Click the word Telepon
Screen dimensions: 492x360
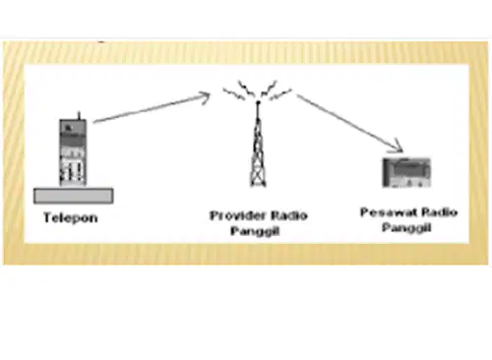coord(71,218)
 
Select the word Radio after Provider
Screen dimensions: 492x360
coord(289,215)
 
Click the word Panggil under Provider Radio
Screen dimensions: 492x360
coord(255,231)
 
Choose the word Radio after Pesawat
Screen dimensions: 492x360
coord(439,212)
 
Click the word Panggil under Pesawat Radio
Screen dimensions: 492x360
coord(406,227)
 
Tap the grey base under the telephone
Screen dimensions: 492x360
coord(74,196)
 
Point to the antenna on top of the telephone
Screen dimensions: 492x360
coord(79,115)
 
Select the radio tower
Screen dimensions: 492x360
coord(258,145)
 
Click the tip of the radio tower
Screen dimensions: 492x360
coord(258,102)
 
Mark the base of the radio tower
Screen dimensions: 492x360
coord(258,185)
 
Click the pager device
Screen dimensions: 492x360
coord(406,173)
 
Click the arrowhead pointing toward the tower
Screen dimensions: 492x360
coord(204,97)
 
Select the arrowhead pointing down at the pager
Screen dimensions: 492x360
coord(397,147)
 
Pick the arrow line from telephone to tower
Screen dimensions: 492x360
coord(152,108)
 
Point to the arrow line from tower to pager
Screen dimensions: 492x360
coord(350,123)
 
